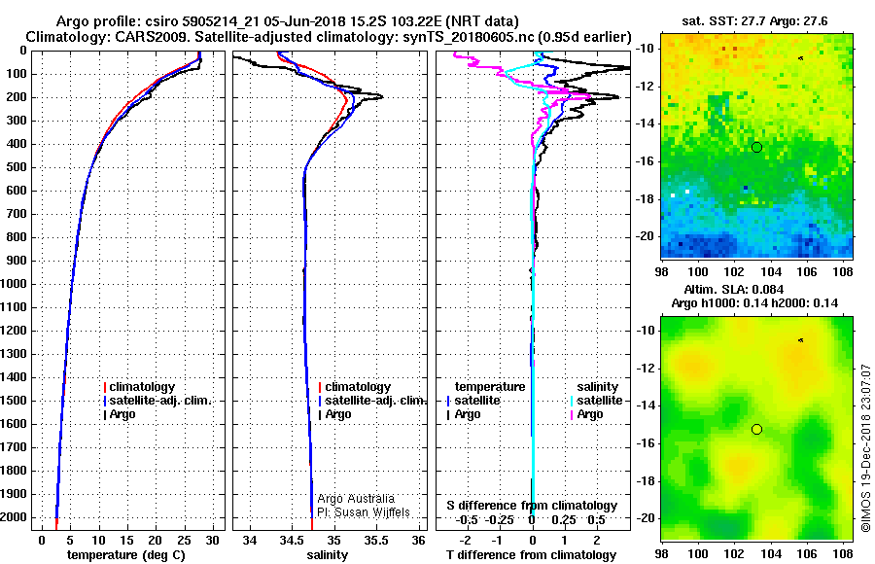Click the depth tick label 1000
[x=14, y=284]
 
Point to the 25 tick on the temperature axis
[x=184, y=540]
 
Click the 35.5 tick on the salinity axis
[x=376, y=540]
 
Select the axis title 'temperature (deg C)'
[x=126, y=555]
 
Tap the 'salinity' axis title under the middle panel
[x=327, y=555]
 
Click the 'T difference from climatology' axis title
[x=531, y=555]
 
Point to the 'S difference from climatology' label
[x=532, y=506]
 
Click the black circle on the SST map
[x=756, y=148]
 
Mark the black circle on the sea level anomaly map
[x=756, y=430]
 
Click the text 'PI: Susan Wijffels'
[x=364, y=512]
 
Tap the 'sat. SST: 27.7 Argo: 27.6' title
[x=754, y=21]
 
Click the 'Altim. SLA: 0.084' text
[x=734, y=289]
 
